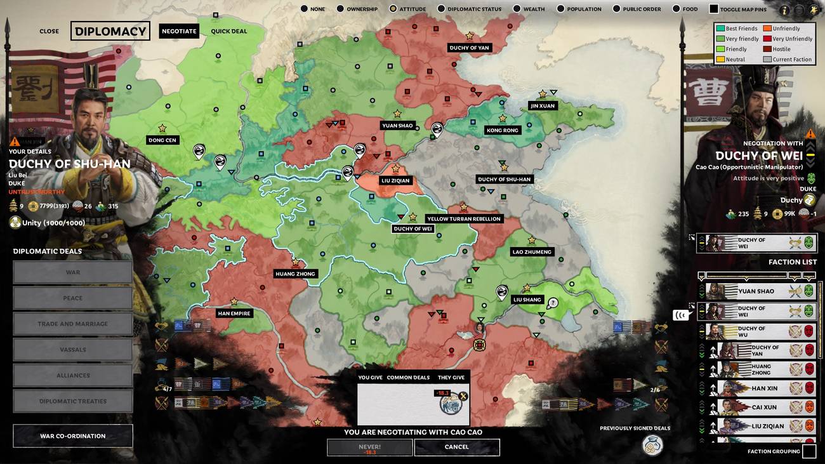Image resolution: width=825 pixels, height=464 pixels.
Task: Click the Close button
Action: click(49, 31)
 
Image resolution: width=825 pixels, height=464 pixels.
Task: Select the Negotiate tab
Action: click(178, 31)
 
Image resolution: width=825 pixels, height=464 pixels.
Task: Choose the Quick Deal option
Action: click(229, 31)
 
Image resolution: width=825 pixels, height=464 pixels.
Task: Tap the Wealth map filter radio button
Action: click(517, 9)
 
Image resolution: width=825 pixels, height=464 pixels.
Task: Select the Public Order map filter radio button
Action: click(617, 9)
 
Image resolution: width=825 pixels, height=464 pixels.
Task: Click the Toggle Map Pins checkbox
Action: click(714, 9)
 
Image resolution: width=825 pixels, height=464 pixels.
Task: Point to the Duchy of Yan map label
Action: click(469, 48)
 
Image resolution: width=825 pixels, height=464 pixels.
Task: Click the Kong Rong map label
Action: click(502, 130)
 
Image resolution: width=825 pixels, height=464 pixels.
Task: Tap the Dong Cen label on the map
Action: click(162, 140)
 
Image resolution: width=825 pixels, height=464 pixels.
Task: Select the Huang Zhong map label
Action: click(295, 274)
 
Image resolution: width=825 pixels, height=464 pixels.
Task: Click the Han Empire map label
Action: click(234, 314)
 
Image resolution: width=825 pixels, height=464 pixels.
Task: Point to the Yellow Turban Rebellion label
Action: click(463, 219)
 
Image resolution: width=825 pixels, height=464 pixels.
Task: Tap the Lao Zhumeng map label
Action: click(532, 252)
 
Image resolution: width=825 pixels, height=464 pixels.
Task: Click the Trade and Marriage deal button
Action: click(73, 324)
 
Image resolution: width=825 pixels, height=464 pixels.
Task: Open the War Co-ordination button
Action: click(73, 436)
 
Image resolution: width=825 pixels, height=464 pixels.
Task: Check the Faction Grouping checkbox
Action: click(808, 451)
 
